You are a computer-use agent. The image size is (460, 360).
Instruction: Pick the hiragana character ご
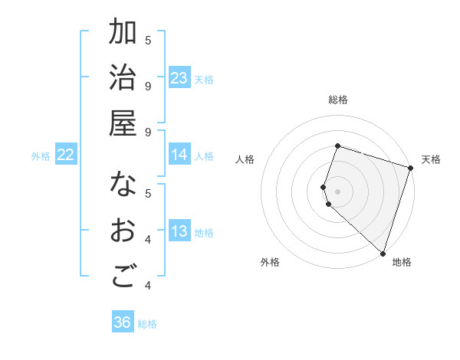123,277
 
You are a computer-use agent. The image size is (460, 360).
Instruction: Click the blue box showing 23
179,78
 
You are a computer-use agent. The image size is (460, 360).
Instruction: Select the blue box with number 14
179,155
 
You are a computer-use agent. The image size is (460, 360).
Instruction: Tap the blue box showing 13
179,232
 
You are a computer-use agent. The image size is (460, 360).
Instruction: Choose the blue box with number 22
66,155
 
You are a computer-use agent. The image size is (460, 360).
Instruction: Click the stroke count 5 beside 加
148,40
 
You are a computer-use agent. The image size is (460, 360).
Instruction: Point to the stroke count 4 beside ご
148,285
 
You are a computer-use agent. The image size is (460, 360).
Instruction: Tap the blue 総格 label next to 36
147,324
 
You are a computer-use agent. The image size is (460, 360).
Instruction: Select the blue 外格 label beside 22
41,156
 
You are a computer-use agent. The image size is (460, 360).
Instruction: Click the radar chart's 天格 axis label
431,159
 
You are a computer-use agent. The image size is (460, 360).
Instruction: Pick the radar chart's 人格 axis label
245,159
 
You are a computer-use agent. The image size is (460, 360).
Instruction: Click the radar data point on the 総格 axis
337,146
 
